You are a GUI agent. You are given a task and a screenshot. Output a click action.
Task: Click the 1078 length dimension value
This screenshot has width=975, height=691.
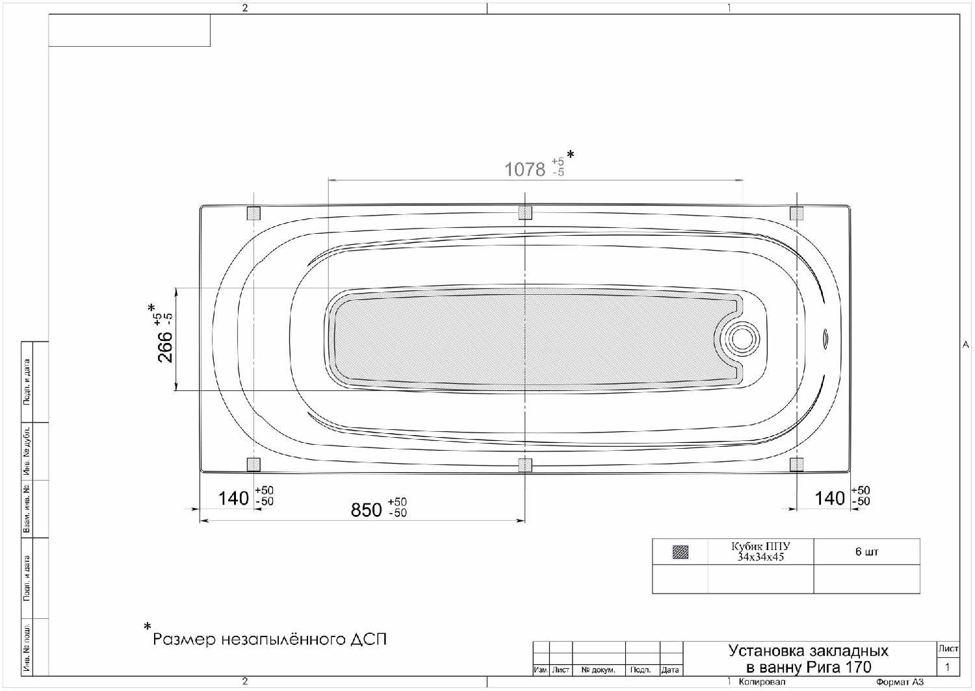click(525, 169)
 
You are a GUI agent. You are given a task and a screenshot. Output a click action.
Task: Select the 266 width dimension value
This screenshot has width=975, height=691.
click(165, 347)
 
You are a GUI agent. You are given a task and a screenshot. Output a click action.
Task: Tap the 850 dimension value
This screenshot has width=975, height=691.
click(367, 510)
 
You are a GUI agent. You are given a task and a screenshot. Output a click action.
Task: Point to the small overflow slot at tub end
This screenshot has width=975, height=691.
click(825, 340)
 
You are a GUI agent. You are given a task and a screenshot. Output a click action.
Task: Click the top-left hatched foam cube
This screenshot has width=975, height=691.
click(253, 214)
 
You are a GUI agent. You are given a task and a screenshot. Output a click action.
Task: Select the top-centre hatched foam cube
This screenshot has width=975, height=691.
click(525, 212)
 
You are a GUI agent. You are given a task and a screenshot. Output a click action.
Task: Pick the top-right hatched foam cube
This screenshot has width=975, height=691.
click(796, 214)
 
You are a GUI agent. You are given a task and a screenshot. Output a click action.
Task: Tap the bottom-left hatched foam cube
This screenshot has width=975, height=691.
click(253, 464)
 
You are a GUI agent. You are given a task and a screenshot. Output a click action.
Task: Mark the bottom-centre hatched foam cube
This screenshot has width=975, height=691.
click(525, 465)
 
